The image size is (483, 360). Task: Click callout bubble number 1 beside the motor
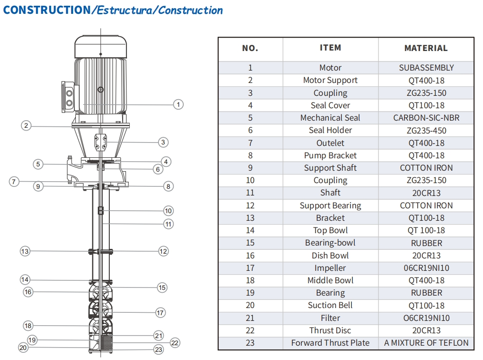[178, 104]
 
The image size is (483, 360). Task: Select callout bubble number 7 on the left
[14, 181]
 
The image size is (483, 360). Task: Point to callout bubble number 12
[163, 251]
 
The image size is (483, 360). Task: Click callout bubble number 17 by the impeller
[160, 313]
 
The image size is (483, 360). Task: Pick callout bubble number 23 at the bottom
[158, 350]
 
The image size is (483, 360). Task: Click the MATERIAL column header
[426, 48]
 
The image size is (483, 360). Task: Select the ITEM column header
[330, 48]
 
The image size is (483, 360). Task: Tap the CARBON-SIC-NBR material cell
[426, 118]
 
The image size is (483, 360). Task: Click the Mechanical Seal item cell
[330, 118]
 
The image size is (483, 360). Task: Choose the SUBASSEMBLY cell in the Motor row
[426, 68]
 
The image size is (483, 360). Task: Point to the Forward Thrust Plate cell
[330, 343]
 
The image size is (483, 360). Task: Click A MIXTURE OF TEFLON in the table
[426, 343]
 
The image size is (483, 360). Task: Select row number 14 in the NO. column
[250, 230]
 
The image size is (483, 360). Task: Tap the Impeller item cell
[330, 268]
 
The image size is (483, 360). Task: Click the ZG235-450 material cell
[426, 130]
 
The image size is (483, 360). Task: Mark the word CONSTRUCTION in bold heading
[46, 10]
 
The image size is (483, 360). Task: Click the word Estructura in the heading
[124, 10]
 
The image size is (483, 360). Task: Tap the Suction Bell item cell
[330, 305]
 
